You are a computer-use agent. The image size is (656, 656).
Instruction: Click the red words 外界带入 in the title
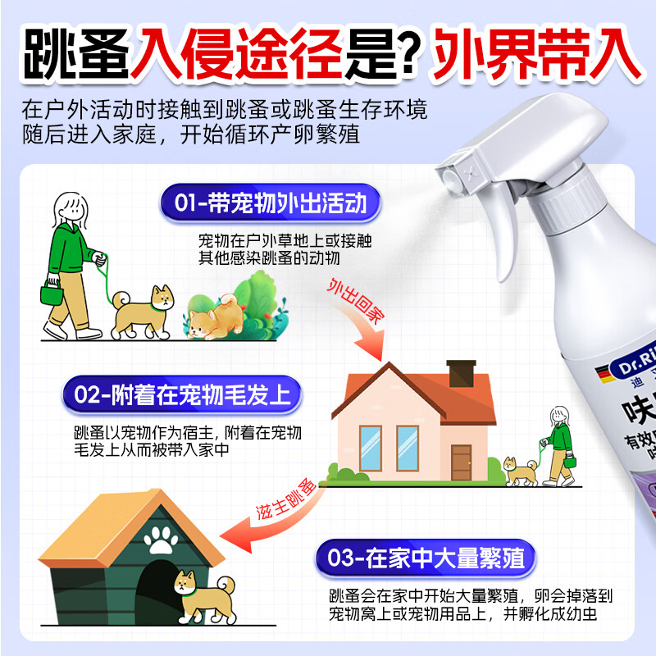[537, 54]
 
